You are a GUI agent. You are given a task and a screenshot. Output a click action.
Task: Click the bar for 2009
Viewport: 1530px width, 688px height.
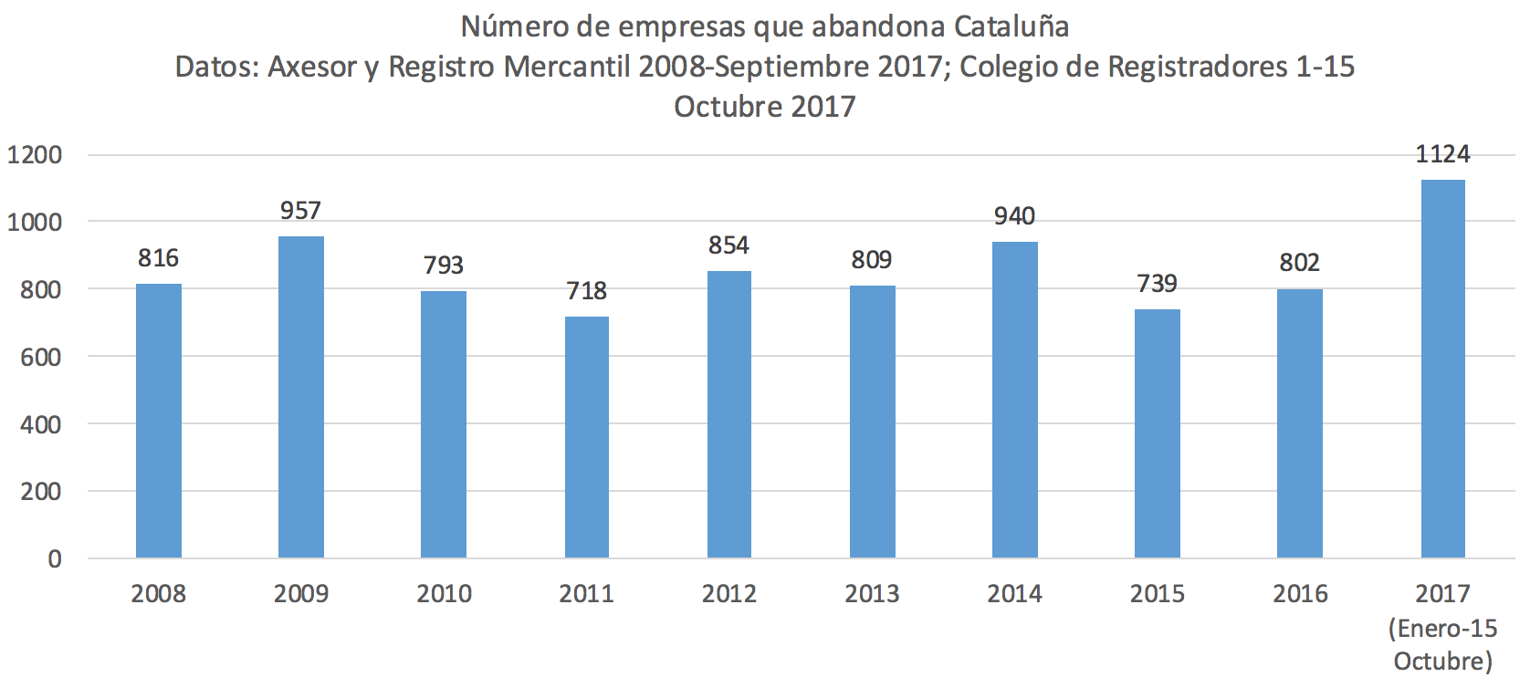[300, 398]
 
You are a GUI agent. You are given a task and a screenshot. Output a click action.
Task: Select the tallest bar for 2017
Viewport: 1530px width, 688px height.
[1442, 369]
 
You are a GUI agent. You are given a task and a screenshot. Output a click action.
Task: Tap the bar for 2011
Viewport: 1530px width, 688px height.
[586, 438]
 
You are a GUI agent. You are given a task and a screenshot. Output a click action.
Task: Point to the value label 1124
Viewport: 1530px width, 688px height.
[1442, 154]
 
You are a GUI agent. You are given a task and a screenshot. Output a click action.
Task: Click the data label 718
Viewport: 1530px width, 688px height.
[586, 291]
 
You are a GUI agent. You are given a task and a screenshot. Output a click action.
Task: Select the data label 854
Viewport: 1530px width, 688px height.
[728, 245]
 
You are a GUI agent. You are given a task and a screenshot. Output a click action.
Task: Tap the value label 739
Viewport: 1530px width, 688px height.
[1157, 284]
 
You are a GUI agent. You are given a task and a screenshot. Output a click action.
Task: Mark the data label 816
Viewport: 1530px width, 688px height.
[158, 258]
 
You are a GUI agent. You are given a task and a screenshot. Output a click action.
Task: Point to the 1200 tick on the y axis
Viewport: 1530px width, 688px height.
[35, 155]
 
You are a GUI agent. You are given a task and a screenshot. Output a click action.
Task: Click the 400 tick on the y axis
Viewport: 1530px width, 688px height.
[41, 424]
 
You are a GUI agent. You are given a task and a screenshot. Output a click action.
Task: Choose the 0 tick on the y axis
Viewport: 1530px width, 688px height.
[55, 558]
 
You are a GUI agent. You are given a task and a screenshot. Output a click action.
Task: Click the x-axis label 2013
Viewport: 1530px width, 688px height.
[872, 594]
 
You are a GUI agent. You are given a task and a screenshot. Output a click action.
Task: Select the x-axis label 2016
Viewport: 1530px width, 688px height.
[1300, 594]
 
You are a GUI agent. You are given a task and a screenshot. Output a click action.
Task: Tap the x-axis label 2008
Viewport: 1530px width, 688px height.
[158, 594]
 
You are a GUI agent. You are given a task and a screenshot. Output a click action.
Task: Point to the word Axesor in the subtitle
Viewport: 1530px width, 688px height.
[311, 67]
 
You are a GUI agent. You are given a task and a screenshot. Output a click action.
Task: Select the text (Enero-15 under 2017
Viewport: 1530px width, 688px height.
[1442, 629]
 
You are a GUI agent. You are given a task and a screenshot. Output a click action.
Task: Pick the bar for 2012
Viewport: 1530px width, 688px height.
[728, 415]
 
